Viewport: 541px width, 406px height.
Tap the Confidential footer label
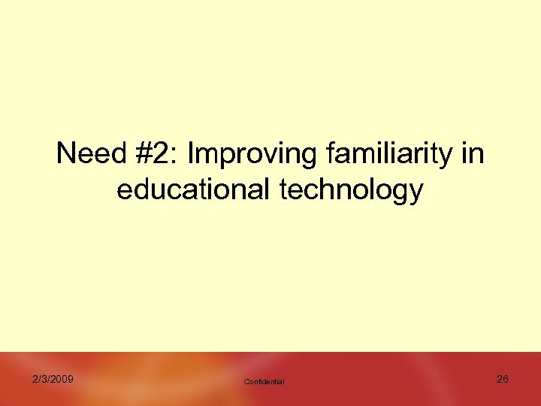tap(264, 382)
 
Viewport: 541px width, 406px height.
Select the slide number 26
tap(503, 379)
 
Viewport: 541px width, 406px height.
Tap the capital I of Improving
tap(192, 154)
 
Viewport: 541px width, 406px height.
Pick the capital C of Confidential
tap(246, 382)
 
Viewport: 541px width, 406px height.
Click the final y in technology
tap(416, 193)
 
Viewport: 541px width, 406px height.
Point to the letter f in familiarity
tap(331, 154)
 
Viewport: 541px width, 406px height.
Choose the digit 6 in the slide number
tap(506, 379)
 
